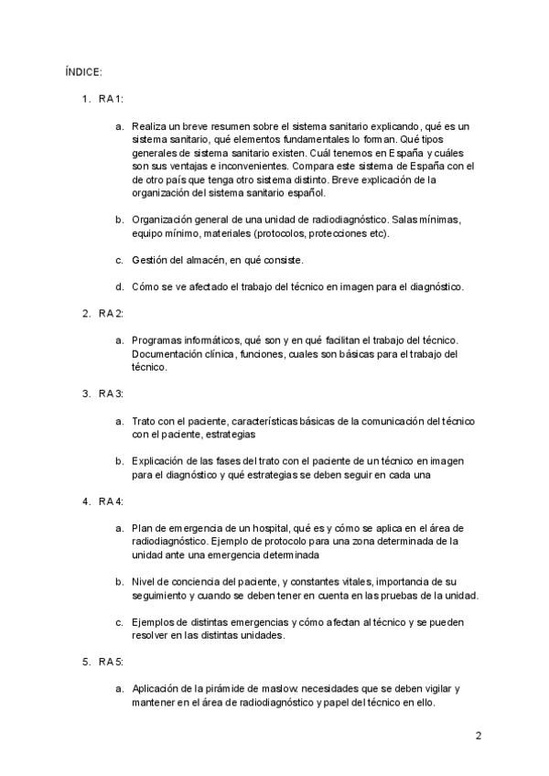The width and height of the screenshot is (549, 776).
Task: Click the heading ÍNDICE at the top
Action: point(83,70)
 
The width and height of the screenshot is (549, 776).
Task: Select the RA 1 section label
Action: point(111,98)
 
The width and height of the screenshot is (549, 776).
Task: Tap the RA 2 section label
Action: point(111,313)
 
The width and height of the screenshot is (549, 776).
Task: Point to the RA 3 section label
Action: point(111,393)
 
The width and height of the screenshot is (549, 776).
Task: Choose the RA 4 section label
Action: point(111,501)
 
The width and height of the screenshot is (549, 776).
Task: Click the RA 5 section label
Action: point(111,661)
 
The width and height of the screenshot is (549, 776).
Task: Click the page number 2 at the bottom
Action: point(478,735)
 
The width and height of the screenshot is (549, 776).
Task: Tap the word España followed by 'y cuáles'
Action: point(405,153)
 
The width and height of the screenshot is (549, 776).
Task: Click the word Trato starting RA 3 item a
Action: point(145,420)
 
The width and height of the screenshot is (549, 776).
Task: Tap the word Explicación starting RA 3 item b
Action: point(159,460)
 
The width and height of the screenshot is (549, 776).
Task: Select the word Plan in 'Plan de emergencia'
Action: point(142,528)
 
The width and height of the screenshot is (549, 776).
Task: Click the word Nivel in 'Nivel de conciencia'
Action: point(145,581)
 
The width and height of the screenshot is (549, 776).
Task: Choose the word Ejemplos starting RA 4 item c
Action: point(154,622)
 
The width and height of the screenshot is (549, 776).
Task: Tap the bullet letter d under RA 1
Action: point(119,286)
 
